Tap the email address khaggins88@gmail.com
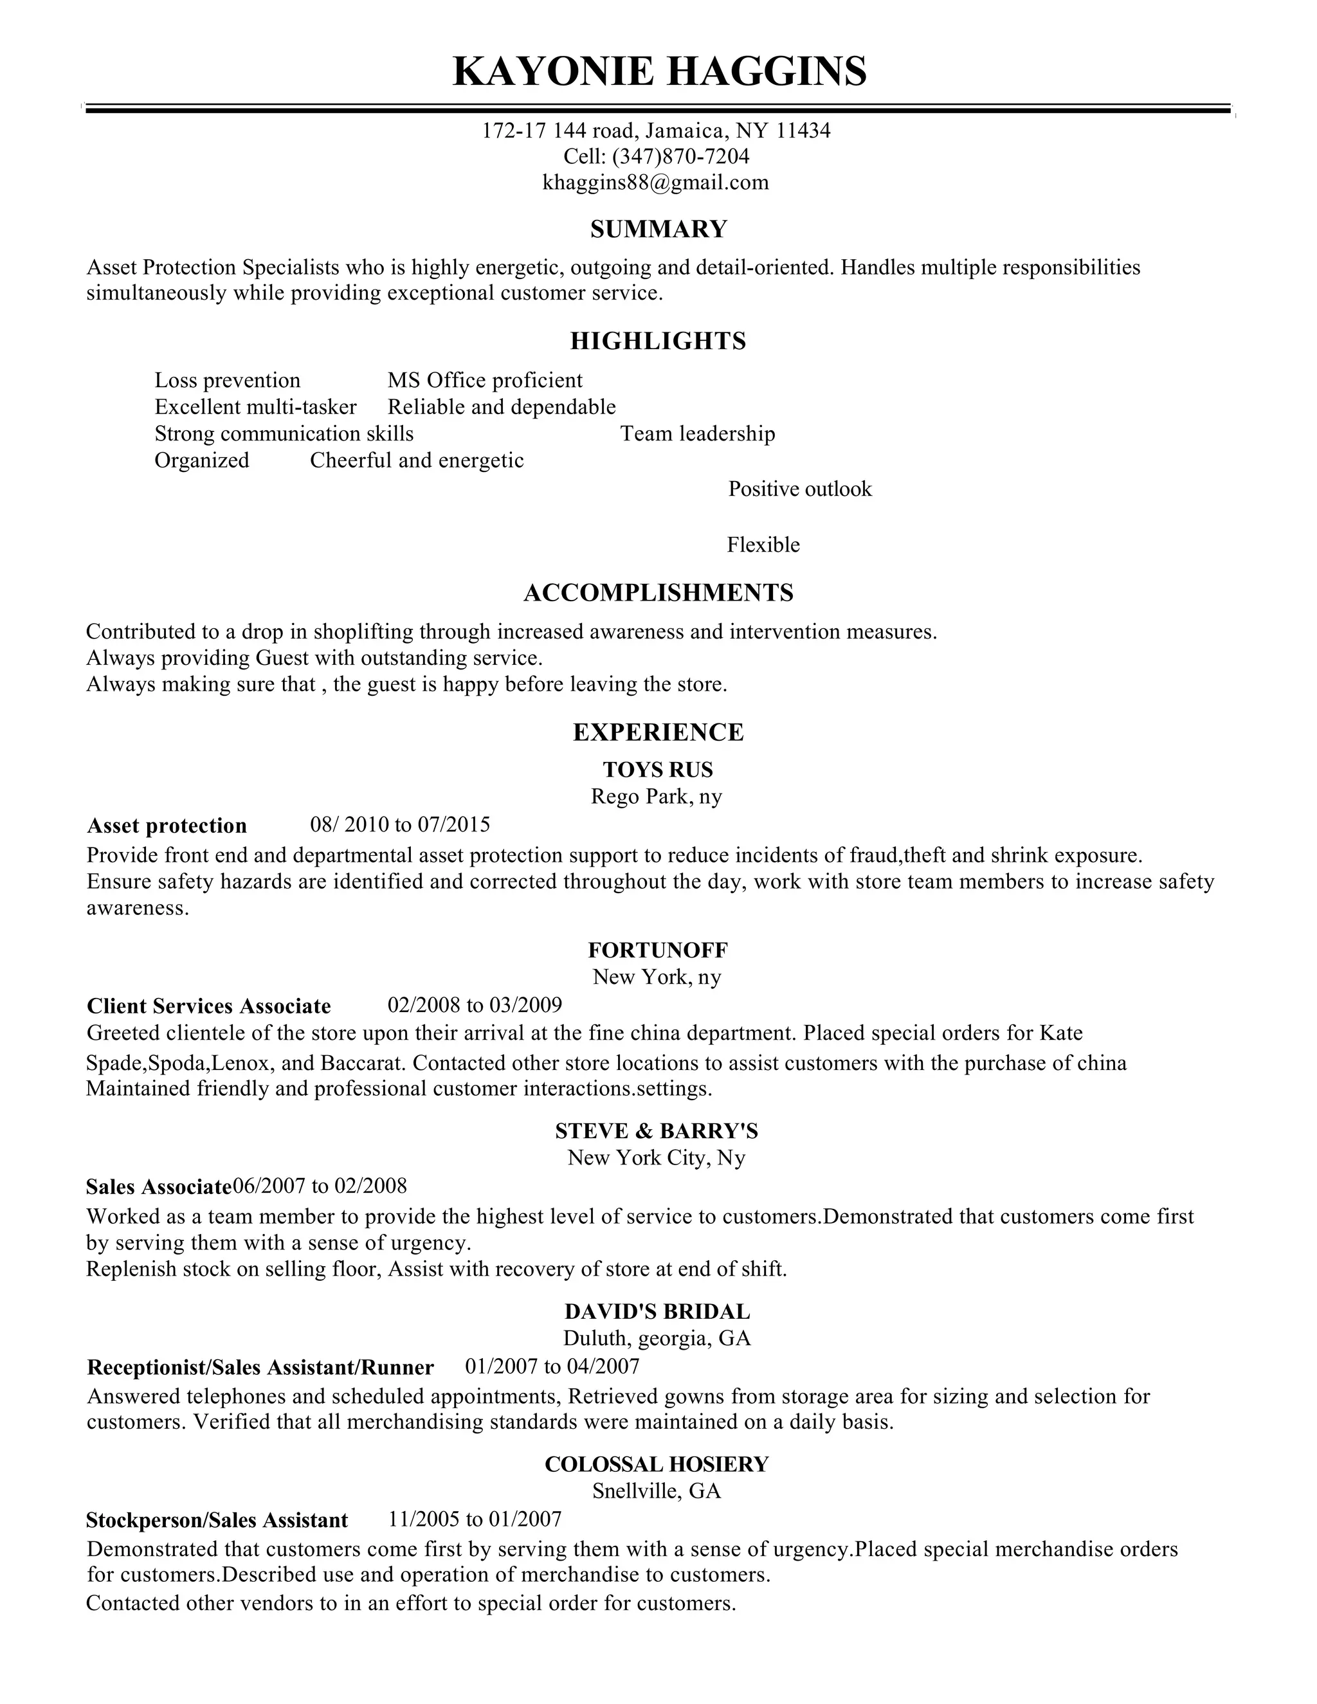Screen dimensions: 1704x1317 click(655, 183)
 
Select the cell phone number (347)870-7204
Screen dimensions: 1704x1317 click(680, 157)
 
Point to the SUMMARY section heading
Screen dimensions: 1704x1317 click(658, 230)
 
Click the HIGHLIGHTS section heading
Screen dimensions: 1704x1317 click(658, 341)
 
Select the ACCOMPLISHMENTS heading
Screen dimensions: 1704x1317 click(658, 593)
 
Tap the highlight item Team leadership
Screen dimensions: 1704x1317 click(698, 434)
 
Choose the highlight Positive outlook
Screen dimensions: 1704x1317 click(800, 489)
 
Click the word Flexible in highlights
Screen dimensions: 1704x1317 click(763, 545)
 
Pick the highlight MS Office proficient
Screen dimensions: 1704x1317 click(484, 381)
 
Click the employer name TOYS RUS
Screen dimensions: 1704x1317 click(658, 770)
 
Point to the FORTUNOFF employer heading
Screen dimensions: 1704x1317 click(658, 950)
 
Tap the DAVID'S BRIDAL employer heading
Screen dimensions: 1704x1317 click(657, 1312)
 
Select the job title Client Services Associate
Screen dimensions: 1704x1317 click(208, 1006)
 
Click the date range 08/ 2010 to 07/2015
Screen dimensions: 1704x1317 click(399, 825)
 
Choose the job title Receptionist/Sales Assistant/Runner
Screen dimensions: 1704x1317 click(260, 1367)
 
